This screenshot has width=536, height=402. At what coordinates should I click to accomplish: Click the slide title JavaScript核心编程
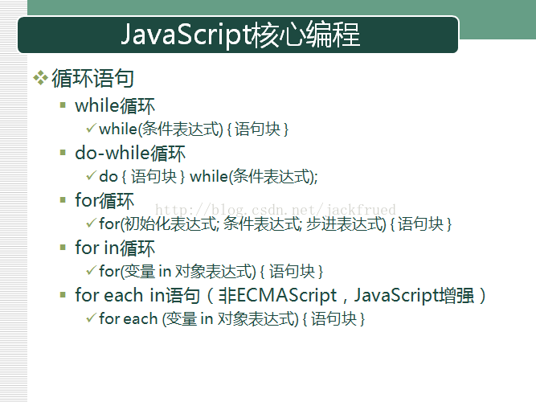(240, 35)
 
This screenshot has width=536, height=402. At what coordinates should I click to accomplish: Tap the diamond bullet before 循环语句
(40, 78)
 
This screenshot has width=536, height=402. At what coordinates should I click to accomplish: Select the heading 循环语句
(92, 78)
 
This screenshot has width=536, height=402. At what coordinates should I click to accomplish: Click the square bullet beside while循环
(63, 105)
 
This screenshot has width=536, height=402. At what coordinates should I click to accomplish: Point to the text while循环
(115, 105)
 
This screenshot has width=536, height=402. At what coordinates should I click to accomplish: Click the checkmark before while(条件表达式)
(91, 129)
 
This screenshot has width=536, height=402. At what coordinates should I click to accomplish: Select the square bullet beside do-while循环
(63, 153)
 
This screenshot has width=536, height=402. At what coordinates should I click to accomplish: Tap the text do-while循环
(130, 153)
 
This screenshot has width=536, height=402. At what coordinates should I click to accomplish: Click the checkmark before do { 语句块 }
(91, 176)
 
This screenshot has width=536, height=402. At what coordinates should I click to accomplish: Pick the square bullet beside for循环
(63, 200)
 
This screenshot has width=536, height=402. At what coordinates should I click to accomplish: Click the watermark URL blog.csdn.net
(276, 209)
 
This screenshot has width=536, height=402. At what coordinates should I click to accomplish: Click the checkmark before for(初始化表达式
(91, 224)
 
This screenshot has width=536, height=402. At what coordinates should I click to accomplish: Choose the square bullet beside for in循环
(63, 248)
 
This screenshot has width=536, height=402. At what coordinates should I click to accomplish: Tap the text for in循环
(115, 248)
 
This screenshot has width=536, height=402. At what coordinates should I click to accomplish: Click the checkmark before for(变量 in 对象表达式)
(91, 271)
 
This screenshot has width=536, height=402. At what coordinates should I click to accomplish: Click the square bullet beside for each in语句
(63, 294)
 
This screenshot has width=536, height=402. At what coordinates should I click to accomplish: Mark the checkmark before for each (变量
(91, 318)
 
